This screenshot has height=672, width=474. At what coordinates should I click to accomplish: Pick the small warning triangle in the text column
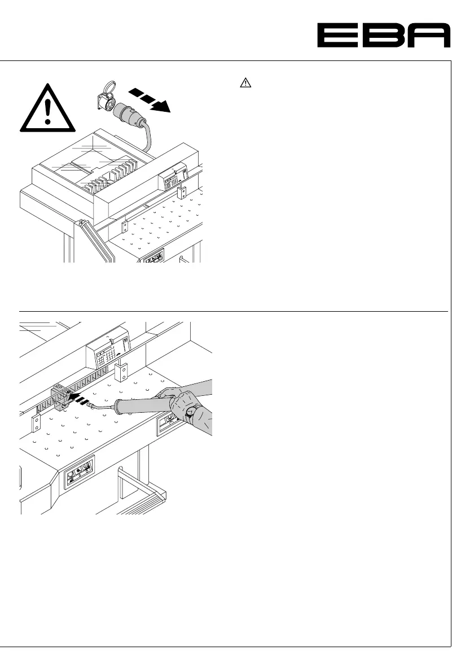[x=245, y=84]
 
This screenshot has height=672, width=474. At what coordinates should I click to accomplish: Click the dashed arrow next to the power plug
[x=151, y=99]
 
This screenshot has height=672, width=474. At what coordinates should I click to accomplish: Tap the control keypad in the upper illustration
[x=172, y=179]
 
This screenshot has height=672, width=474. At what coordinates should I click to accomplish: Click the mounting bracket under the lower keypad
[x=122, y=373]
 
